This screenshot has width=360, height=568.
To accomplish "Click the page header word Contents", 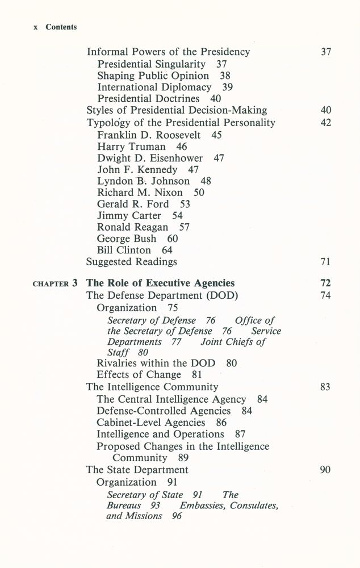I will tap(61, 27).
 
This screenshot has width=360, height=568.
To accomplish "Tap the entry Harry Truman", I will tap(132, 147).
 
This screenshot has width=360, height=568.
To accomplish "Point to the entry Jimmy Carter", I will tap(129, 216).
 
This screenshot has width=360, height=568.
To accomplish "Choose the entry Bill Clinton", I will tap(124, 250).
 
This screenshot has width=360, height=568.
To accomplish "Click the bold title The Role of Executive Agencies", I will tap(160, 283).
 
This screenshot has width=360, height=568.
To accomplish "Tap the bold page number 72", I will tap(325, 283).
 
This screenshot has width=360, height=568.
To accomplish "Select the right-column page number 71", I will tap(325, 262).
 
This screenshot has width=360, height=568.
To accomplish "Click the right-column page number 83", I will tap(325, 387).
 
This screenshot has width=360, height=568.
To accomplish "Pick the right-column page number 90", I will tap(325, 470).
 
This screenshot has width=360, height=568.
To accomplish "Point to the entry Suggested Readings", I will tap(131, 262).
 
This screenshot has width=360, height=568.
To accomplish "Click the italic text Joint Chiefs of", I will tap(233, 343).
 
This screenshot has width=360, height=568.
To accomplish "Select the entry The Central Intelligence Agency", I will tap(171, 399).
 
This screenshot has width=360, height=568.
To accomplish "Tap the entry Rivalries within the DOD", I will tap(158, 363).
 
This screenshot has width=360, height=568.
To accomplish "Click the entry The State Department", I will tap(137, 470).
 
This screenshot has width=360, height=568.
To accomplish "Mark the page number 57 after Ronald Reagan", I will tap(184, 227).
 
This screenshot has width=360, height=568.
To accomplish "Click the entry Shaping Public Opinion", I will tap(153, 76).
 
